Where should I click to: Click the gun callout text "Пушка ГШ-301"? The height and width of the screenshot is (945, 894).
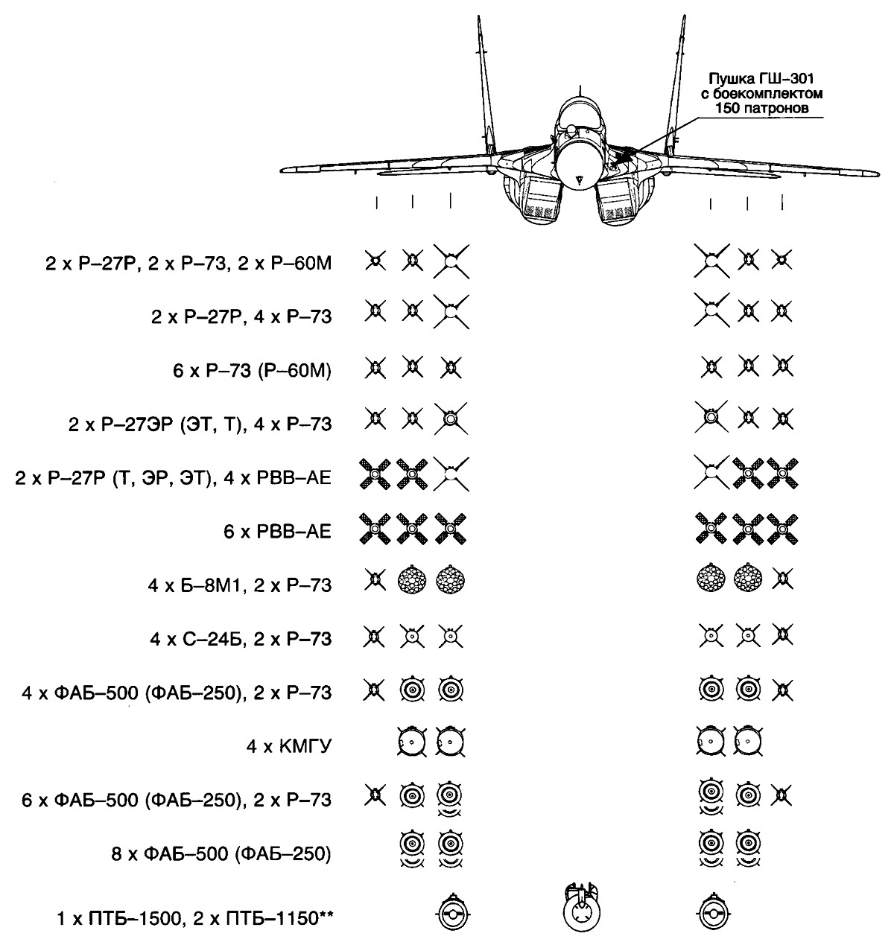[767, 80]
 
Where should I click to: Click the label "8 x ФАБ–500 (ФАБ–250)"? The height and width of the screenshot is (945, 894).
[220, 853]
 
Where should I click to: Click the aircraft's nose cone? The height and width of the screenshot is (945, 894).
[581, 163]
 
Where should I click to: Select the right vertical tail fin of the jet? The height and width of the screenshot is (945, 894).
[673, 89]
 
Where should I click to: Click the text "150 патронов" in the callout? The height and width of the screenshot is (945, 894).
[767, 109]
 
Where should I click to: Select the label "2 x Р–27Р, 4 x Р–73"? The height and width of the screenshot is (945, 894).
[241, 316]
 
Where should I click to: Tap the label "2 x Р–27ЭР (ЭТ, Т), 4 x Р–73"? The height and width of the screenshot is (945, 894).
[199, 424]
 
